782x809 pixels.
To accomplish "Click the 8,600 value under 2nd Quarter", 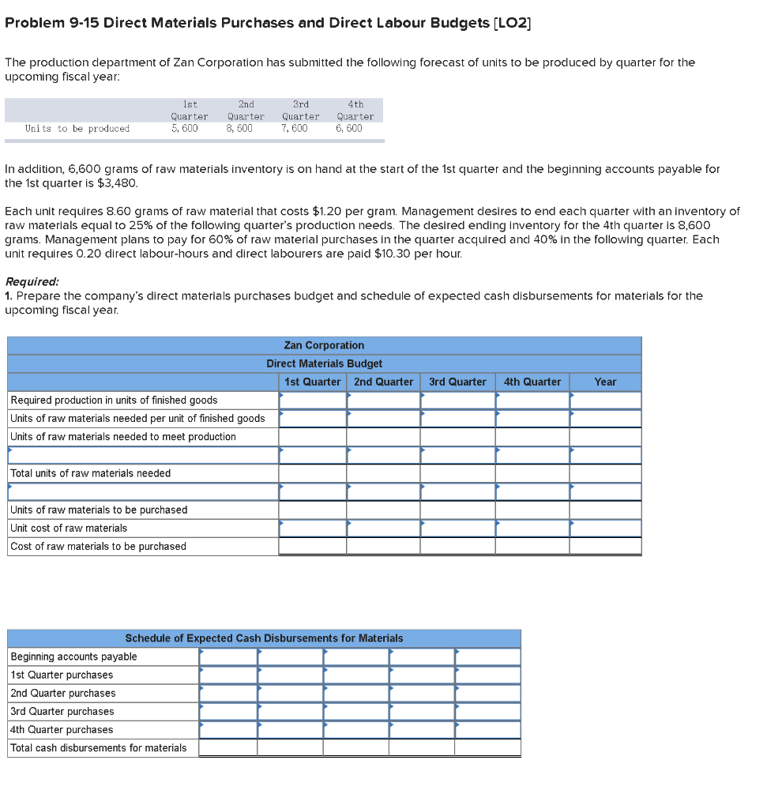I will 239,128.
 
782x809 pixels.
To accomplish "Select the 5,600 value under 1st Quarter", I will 185,128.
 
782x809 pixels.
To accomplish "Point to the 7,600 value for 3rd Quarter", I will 295,128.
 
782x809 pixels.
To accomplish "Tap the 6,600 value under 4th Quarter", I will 349,128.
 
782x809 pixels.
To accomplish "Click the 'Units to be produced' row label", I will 77,128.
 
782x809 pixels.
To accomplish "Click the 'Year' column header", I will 605,382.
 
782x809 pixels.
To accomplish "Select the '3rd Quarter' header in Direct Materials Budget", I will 457,382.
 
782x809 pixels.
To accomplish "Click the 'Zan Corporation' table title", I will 324,345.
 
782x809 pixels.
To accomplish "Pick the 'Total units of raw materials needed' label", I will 90,473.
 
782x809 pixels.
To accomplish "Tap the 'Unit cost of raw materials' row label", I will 69,528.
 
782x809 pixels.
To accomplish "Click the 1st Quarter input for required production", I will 312,400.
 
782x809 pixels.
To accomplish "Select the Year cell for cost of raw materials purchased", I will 605,546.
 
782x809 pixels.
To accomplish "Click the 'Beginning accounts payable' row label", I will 73,657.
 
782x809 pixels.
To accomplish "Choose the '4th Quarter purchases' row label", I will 62,729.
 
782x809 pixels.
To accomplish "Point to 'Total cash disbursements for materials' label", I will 99,747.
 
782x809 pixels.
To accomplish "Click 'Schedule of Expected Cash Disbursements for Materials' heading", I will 264,638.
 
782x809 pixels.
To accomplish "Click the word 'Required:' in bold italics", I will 32,282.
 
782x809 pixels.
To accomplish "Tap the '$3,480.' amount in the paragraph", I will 118,183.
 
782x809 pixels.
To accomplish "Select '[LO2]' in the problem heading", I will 513,23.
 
